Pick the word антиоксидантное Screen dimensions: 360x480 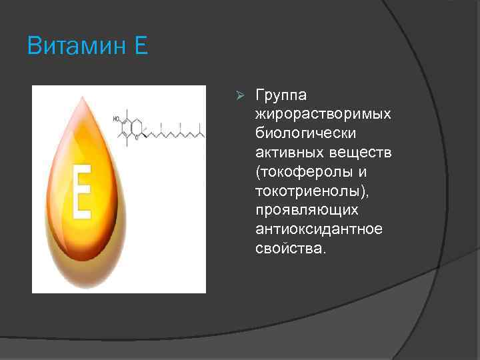(319, 229)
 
